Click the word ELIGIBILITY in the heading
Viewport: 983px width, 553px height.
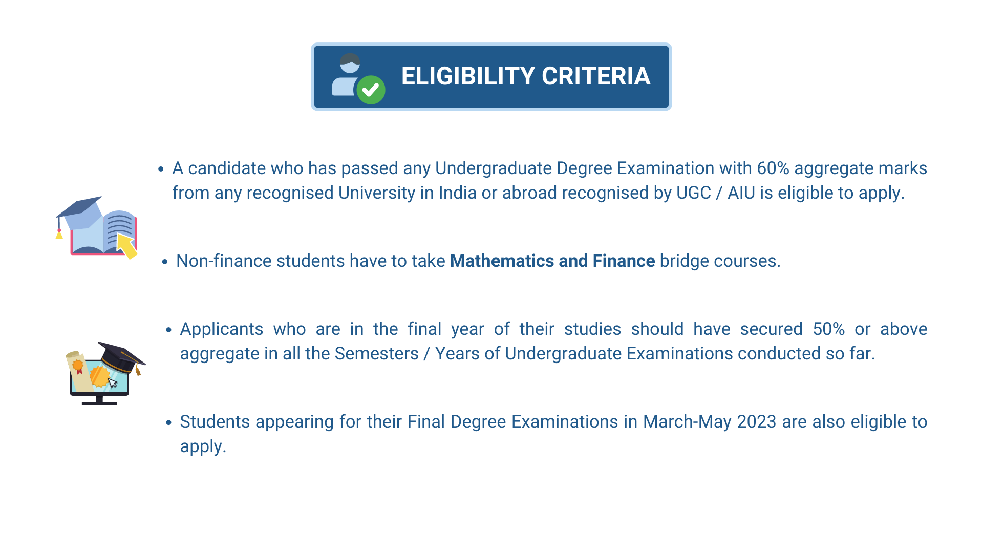468,76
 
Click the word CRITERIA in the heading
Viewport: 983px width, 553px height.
596,76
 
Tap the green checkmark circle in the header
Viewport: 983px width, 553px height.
371,90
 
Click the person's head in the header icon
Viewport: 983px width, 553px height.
350,63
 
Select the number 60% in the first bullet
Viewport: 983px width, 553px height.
773,168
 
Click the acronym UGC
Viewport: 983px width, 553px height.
694,193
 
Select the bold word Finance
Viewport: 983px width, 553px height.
624,261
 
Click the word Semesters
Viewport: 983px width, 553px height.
376,354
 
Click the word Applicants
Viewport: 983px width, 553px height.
222,330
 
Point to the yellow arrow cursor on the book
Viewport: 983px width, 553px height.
127,246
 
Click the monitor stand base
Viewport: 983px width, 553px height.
99,403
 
